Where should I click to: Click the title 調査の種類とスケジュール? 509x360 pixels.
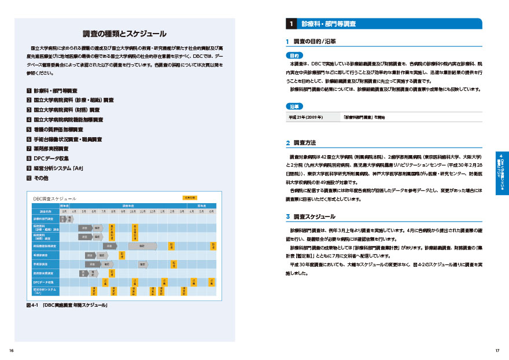(x=124, y=34)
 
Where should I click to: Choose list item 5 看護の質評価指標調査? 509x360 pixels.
(x=58, y=129)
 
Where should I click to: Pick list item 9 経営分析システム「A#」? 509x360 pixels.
(x=58, y=168)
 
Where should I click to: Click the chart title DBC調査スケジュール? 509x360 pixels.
(x=55, y=198)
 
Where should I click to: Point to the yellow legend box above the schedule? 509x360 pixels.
(x=190, y=197)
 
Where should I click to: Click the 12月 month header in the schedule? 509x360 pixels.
(x=152, y=211)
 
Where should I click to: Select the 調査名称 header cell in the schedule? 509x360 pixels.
(x=46, y=211)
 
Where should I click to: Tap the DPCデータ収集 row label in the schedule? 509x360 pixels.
(x=44, y=282)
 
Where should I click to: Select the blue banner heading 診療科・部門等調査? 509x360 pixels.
(x=329, y=24)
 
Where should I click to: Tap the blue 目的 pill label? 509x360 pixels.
(x=294, y=55)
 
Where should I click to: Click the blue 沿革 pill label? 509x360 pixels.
(x=294, y=107)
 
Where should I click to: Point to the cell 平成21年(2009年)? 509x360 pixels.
(x=307, y=117)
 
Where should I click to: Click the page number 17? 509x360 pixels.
(x=497, y=351)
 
